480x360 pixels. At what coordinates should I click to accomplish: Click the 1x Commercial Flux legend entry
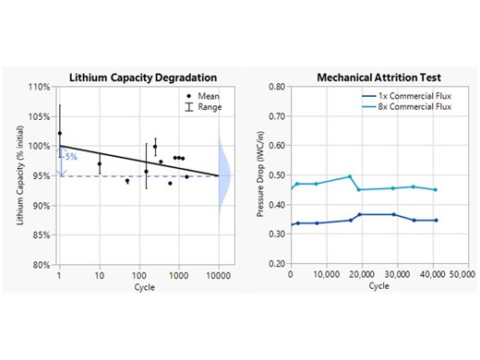point(404,95)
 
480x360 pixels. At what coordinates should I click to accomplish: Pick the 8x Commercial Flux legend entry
point(404,106)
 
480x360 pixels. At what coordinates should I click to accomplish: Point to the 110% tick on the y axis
point(42,87)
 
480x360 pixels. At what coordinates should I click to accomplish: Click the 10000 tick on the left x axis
point(218,274)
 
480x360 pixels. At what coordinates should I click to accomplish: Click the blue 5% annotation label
point(70,158)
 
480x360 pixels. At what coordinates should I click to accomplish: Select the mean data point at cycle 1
point(60,133)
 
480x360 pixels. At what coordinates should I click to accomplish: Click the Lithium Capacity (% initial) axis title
point(20,175)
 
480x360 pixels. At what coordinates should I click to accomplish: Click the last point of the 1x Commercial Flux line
point(435,220)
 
